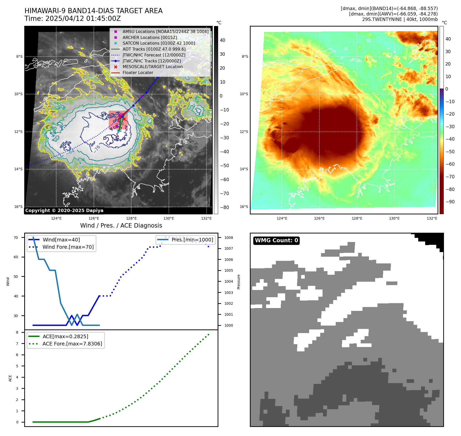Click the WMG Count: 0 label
coord(276,240)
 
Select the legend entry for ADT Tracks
coord(154,49)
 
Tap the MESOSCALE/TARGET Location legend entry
coord(152,67)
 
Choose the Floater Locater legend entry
coord(138,72)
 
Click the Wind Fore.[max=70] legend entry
coord(68,247)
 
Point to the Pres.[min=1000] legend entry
coord(192,240)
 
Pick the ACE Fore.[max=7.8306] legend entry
coord(72,344)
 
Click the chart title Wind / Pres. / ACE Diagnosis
coord(121,225)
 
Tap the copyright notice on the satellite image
coord(64,211)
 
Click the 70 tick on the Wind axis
coord(16,238)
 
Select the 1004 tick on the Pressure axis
coord(229,281)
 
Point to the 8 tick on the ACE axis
coord(17,332)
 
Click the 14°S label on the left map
coord(18,169)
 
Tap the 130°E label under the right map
coord(394,218)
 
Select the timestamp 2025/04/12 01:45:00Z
coord(83,19)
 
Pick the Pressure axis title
coord(239,282)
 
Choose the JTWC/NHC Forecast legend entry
coord(154,55)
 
